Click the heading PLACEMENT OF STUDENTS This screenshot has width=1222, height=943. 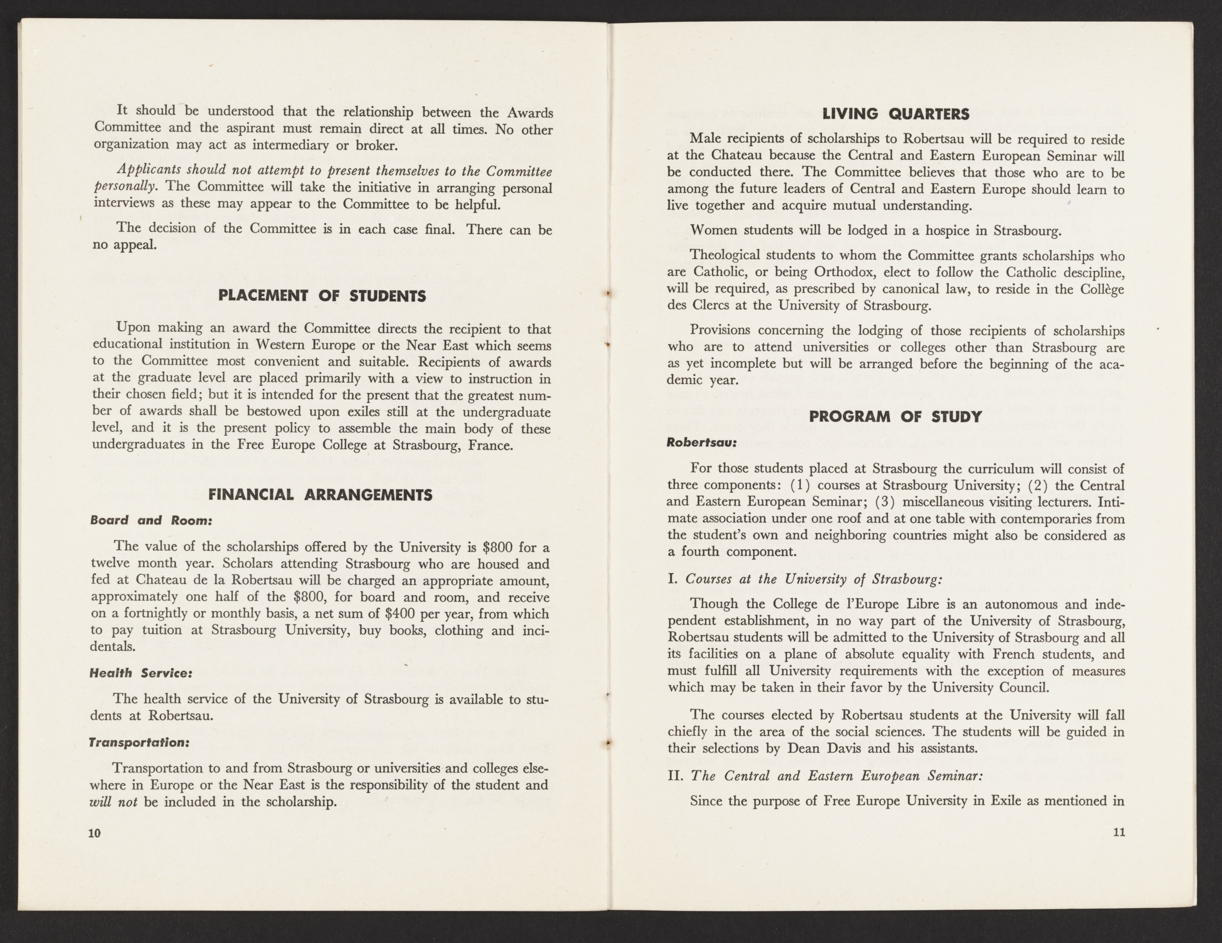[x=322, y=296]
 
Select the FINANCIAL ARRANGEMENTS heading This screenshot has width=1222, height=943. [x=320, y=495]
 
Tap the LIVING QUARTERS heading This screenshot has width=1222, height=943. [x=895, y=114]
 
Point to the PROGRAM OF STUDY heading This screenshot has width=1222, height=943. [x=895, y=416]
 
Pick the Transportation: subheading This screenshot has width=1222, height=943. [x=140, y=742]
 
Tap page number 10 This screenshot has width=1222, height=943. [x=94, y=833]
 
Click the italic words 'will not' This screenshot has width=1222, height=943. [x=114, y=802]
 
